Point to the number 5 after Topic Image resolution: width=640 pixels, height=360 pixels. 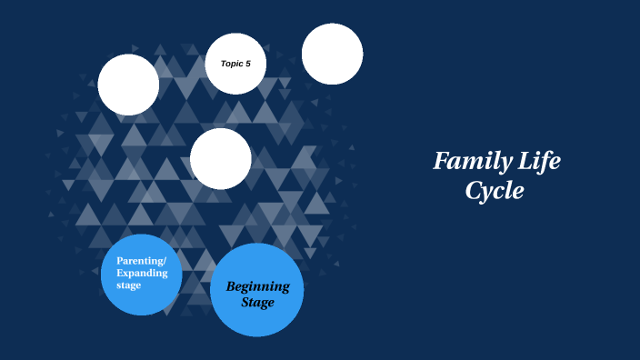pos(248,64)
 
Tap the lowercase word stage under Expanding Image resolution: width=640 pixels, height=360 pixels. pos(129,285)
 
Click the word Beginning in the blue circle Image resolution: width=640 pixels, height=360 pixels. pos(258,286)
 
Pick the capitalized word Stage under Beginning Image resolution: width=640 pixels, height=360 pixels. pos(258,302)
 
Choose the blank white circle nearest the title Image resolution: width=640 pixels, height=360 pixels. pos(333,54)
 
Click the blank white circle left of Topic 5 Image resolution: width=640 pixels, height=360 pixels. pos(128,85)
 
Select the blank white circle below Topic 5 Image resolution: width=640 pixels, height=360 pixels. pos(221,158)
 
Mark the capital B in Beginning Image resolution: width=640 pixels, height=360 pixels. pos(232,286)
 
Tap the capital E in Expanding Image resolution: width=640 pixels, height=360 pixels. pos(120,273)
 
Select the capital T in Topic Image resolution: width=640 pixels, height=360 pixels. pos(223,64)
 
